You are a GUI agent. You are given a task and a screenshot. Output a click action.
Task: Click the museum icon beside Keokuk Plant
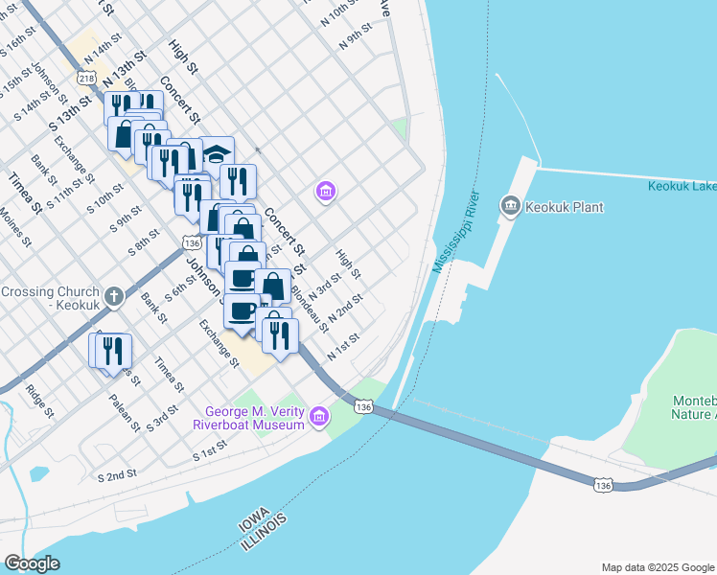(510, 205)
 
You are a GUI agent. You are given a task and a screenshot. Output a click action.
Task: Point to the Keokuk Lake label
(682, 186)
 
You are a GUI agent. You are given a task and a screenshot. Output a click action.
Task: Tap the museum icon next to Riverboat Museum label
(319, 416)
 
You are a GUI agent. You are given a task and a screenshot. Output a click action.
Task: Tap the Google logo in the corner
(33, 563)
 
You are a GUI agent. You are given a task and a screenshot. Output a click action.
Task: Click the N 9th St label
(355, 39)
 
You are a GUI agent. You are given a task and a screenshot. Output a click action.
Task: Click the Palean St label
(125, 413)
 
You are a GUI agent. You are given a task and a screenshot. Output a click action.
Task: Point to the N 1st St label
(342, 347)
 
